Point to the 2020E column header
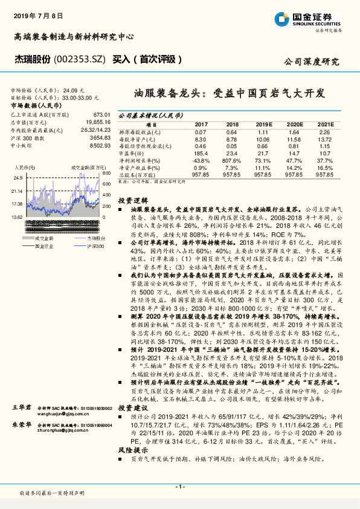click(x=294, y=124)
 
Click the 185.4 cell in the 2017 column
click(x=201, y=154)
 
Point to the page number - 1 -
click(x=179, y=487)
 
